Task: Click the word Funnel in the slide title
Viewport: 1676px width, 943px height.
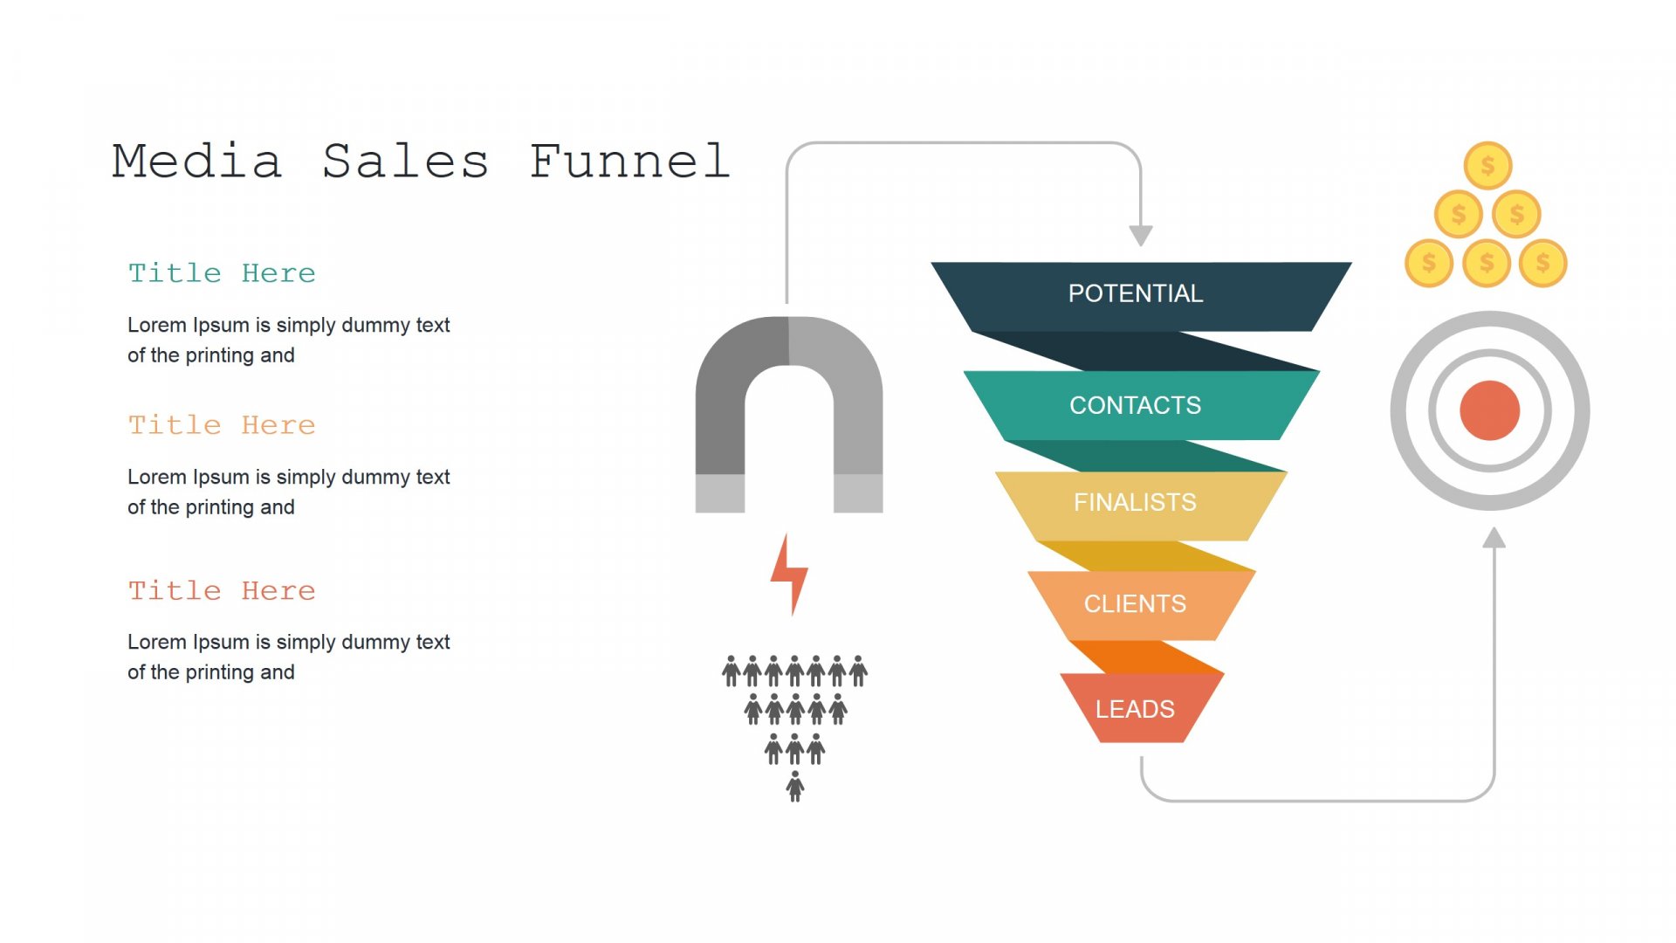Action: [x=629, y=162]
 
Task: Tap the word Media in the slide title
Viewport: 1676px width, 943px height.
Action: [x=197, y=162]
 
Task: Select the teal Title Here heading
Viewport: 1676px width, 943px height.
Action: [x=222, y=273]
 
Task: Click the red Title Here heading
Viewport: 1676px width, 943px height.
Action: [x=222, y=591]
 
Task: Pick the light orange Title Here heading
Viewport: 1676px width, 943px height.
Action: [x=222, y=425]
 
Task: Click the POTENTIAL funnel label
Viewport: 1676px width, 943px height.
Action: [x=1136, y=293]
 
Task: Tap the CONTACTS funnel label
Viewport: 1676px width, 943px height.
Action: [x=1136, y=405]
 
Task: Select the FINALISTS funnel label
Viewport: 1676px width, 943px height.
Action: [x=1135, y=502]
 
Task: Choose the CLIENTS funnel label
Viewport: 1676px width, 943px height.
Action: [x=1135, y=603]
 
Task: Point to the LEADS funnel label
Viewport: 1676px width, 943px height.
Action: [x=1135, y=709]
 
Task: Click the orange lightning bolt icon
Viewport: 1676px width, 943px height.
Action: [x=790, y=575]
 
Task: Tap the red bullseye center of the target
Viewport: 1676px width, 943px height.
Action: [x=1490, y=410]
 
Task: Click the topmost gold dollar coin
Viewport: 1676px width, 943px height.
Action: [x=1487, y=165]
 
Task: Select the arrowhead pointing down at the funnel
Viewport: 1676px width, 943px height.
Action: [x=1141, y=236]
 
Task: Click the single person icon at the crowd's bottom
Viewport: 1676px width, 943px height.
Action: [x=795, y=786]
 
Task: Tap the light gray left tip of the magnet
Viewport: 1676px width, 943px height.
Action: [x=720, y=493]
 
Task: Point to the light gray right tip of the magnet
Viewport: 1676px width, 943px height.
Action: [x=858, y=493]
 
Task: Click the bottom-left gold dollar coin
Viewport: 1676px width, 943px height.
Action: [x=1429, y=263]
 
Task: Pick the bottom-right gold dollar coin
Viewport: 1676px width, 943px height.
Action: [x=1543, y=263]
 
